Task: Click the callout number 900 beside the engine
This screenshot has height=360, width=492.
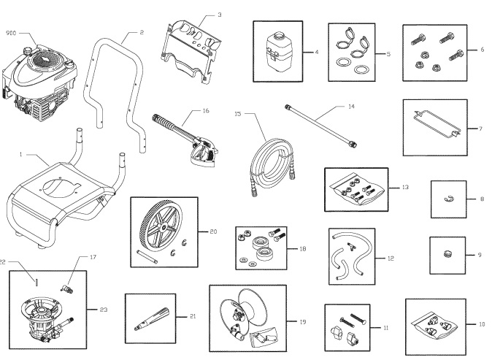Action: (x=11, y=34)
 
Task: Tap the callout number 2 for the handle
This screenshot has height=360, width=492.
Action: (x=142, y=32)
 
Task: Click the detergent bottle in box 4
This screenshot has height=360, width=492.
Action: (x=276, y=50)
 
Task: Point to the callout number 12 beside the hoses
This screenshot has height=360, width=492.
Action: (x=391, y=258)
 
